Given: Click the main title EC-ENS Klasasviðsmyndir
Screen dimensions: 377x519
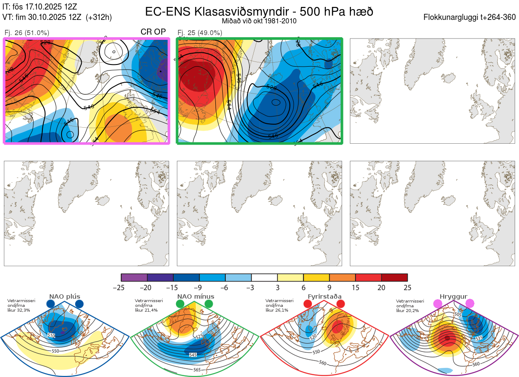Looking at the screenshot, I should tap(259, 12).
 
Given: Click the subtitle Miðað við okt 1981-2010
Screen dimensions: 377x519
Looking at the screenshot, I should tap(259, 21).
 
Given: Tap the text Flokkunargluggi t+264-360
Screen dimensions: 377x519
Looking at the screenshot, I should tap(471, 17).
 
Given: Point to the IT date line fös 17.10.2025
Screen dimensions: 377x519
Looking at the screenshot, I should tap(40, 7).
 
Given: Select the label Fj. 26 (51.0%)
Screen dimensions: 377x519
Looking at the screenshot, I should tap(27, 32).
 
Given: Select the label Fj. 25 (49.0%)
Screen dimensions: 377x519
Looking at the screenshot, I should tap(200, 32).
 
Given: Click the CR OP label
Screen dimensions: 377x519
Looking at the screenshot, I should tap(154, 32).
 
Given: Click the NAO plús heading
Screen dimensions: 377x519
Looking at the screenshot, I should tap(64, 296).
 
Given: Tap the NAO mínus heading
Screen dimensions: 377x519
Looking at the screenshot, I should tap(195, 296).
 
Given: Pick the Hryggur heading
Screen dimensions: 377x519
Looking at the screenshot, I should tap(453, 296).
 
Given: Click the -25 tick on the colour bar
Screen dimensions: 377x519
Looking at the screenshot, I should tap(122, 287).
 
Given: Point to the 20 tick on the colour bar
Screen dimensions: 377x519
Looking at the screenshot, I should tap(381, 287).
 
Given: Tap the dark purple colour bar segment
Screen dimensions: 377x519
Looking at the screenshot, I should tap(134, 277).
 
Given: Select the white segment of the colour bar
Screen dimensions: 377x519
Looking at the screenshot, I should tap(264, 277).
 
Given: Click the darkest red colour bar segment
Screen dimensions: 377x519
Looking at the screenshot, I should tap(394, 277).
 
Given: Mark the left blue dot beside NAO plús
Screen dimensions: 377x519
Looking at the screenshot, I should tap(51, 304).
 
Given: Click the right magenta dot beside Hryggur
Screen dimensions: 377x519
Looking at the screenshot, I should tap(470, 304).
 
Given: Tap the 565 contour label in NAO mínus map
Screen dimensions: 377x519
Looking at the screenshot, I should tap(197, 370).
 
